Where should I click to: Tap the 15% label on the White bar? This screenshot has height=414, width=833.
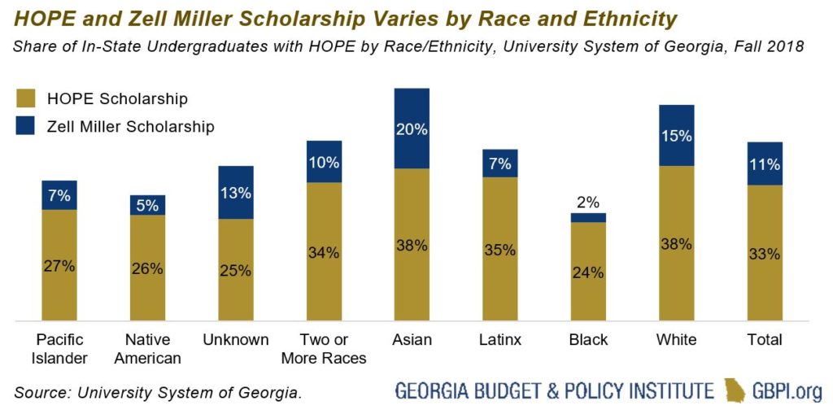[x=676, y=137]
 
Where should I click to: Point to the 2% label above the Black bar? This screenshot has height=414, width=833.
[x=588, y=203]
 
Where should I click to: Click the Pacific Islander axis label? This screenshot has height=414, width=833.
[x=59, y=347]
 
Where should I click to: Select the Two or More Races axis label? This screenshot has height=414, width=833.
[x=324, y=347]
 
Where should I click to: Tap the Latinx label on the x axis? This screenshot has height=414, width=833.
[x=499, y=339]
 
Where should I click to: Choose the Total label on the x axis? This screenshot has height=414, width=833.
[x=764, y=339]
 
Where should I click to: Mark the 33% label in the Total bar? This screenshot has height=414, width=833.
[x=765, y=254]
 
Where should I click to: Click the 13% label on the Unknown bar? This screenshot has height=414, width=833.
[x=235, y=194]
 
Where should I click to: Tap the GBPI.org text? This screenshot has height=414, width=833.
[x=787, y=391]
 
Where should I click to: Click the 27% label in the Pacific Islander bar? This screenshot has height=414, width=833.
[x=59, y=266]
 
